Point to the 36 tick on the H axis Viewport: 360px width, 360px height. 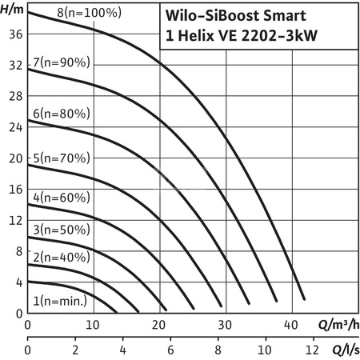tap(9, 34)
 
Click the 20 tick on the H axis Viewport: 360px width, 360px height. tap(9, 158)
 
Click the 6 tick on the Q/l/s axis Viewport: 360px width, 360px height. tap(170, 350)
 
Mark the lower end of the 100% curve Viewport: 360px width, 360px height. tap(304, 298)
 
